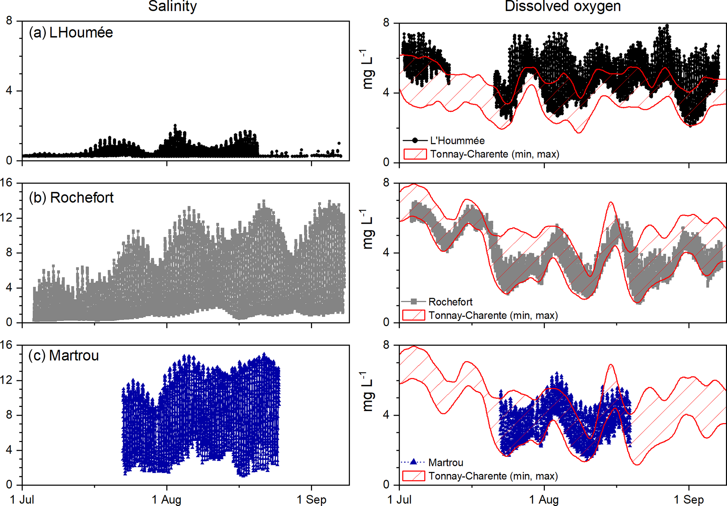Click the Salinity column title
tap(172, 6)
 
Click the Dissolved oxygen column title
tap(562, 6)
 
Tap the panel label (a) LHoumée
tap(71, 33)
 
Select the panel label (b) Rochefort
tap(71, 198)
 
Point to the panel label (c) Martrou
tap(64, 356)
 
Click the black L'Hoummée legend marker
tap(415, 141)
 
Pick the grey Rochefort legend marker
tap(414, 301)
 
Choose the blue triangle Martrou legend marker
tap(414, 462)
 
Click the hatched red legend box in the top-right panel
tap(415, 154)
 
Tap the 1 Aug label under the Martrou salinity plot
tap(166, 499)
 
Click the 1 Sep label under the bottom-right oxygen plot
tap(689, 499)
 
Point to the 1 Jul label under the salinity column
tap(22, 499)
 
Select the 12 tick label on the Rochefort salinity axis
tap(6, 218)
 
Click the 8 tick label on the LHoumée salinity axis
tap(9, 21)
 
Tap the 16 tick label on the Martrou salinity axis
tap(6, 345)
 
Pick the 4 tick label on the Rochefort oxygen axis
tap(386, 253)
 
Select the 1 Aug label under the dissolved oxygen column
tap(544, 499)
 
